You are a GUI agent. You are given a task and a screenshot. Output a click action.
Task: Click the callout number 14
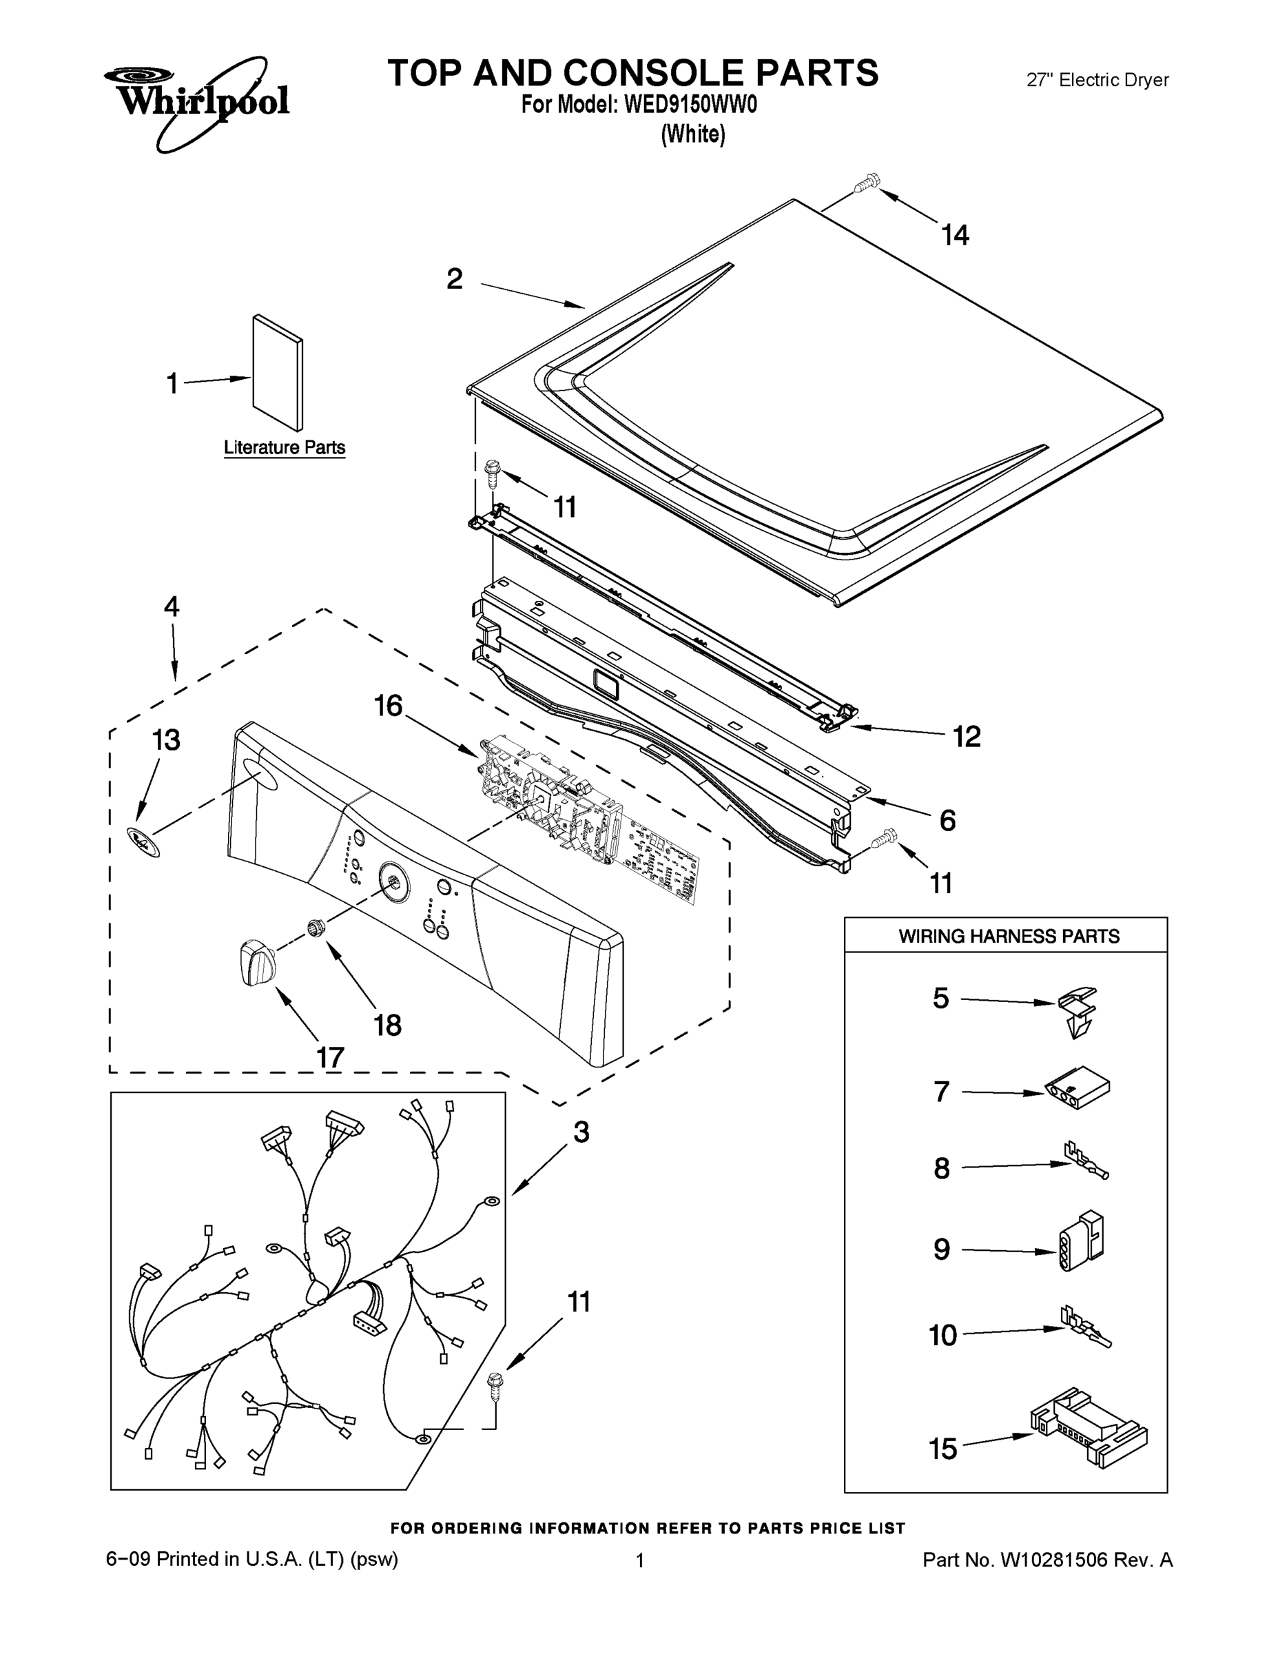955,236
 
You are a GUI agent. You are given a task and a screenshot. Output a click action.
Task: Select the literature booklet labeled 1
277,372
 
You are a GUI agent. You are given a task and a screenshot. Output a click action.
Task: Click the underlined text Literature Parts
285,447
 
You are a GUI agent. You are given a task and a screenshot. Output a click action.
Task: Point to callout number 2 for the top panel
454,279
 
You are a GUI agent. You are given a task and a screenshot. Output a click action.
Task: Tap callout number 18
387,1025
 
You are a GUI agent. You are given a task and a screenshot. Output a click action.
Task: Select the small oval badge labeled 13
143,841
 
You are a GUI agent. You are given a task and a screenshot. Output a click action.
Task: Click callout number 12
966,736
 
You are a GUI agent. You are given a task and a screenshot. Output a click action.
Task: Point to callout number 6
947,820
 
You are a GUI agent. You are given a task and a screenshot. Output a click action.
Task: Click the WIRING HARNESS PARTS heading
1009,937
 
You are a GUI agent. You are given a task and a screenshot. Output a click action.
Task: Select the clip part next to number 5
1078,1010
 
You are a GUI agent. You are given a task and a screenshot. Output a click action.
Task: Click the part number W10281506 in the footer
1055,1560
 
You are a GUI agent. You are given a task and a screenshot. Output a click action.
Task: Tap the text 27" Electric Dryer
1097,79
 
